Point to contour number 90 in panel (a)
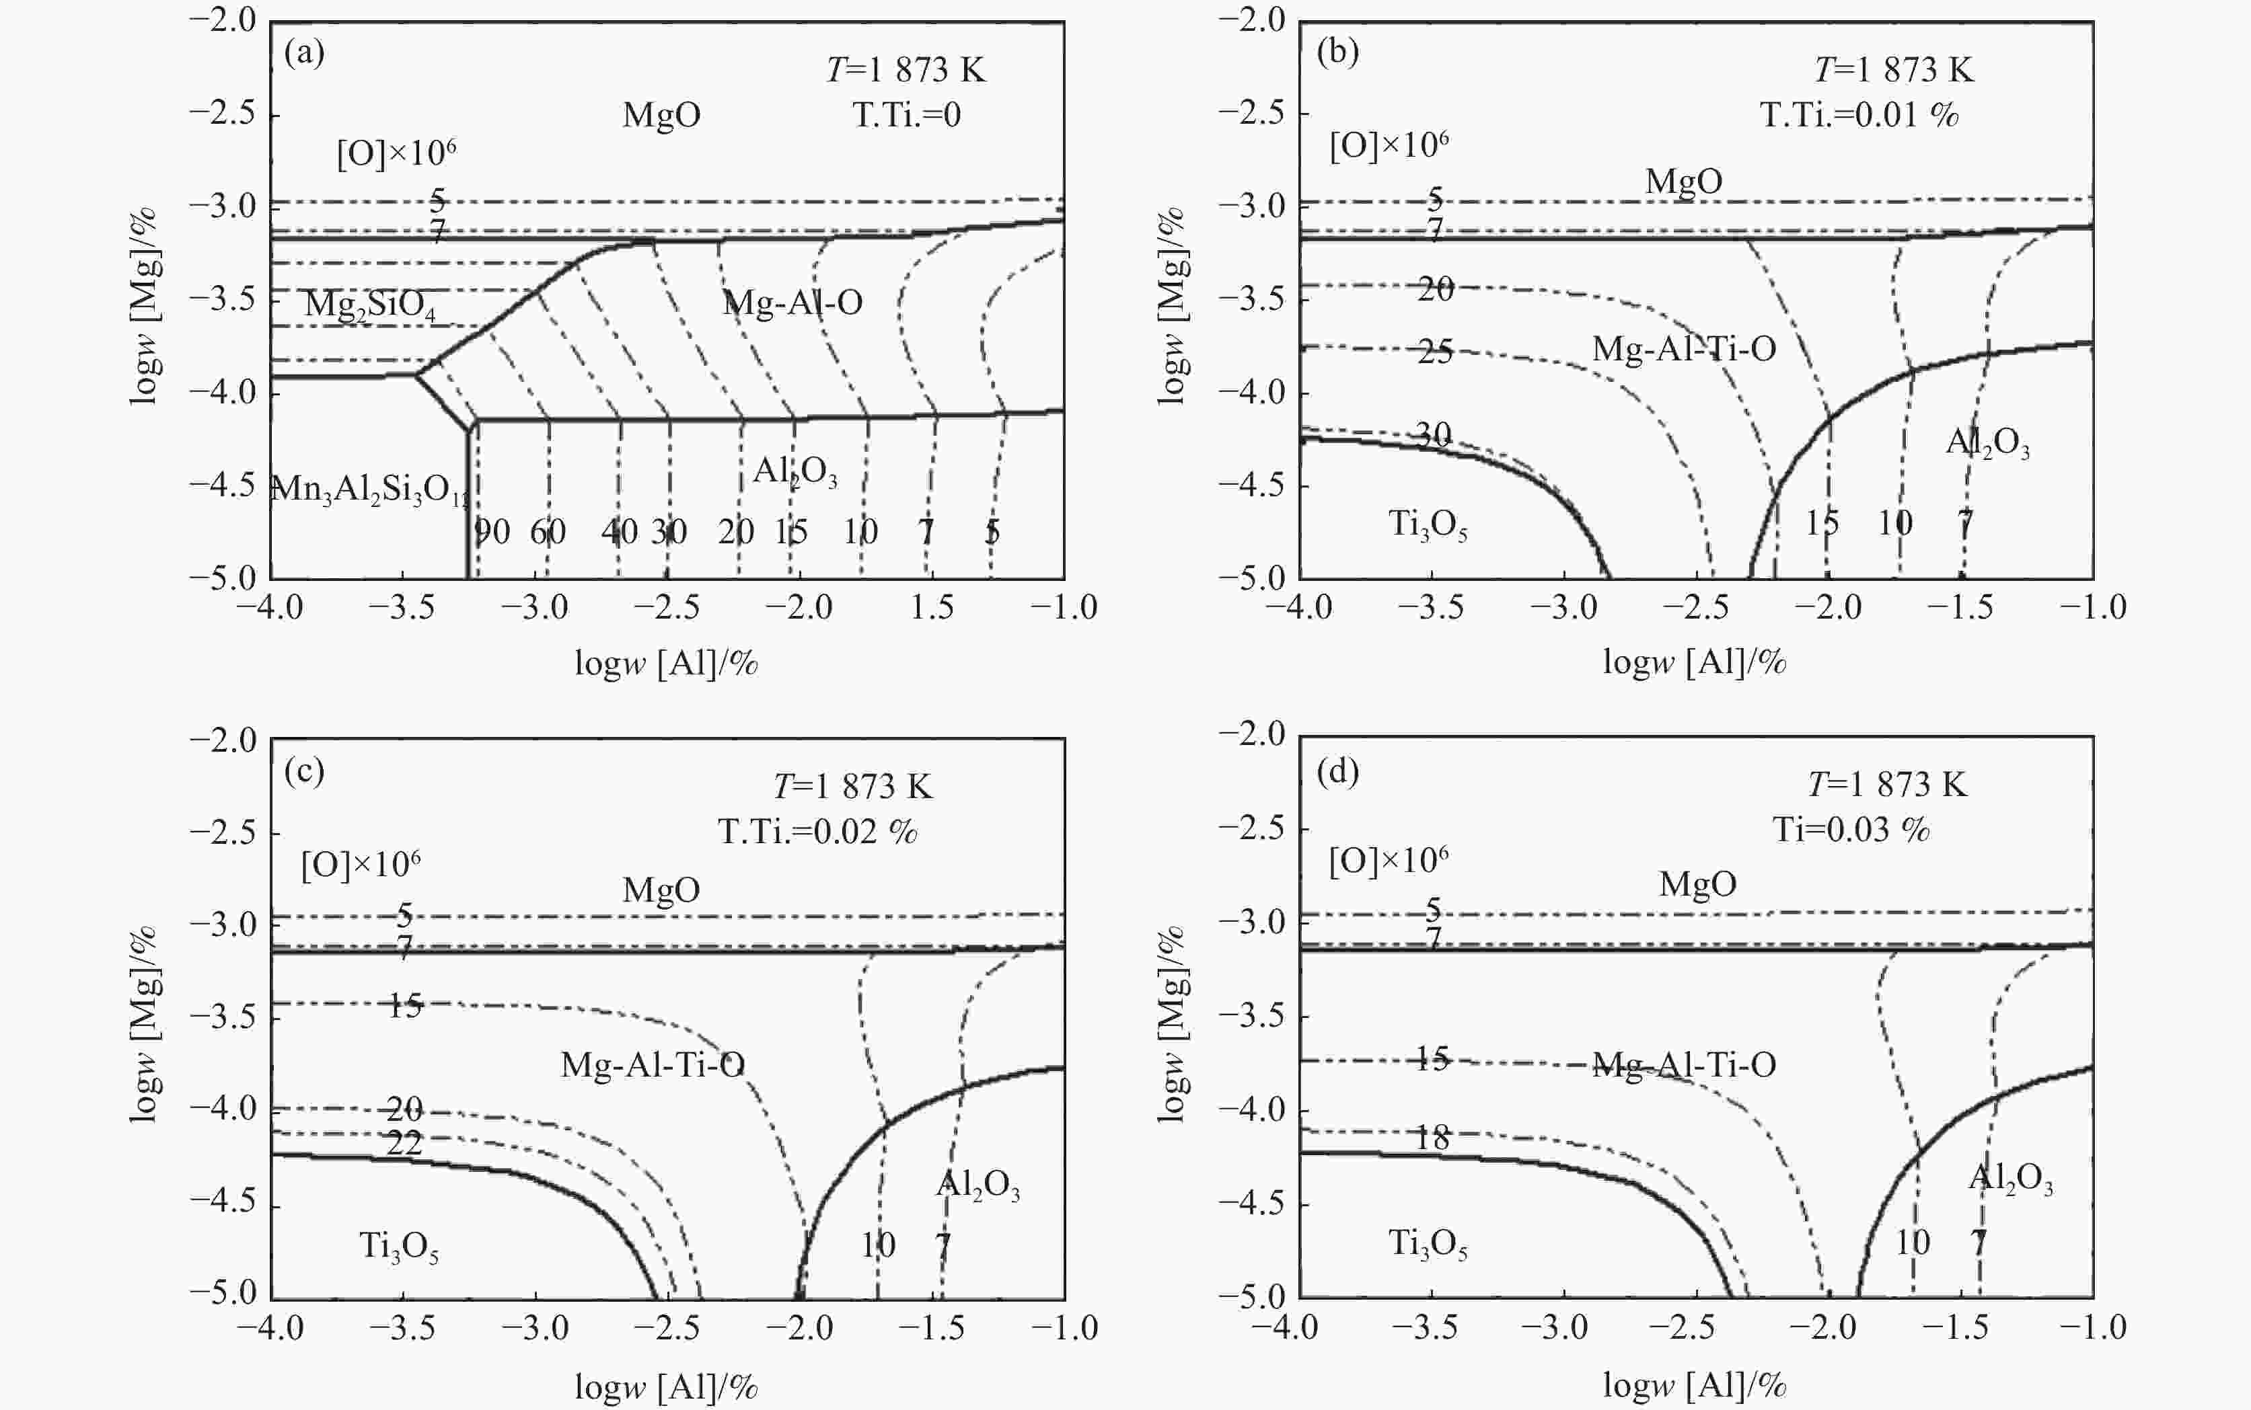tap(492, 532)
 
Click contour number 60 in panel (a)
tap(548, 532)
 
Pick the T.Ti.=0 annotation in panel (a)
tap(906, 115)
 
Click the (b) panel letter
tap(1337, 52)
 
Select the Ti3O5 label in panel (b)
tap(1428, 525)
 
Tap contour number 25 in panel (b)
tap(1435, 352)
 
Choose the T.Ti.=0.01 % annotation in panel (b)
tap(1858, 115)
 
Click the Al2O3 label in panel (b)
tap(1987, 443)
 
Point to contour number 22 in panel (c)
tap(404, 1142)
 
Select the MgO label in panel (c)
tap(661, 889)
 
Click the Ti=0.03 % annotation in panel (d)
tap(1851, 829)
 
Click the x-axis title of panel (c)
tap(666, 1386)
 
